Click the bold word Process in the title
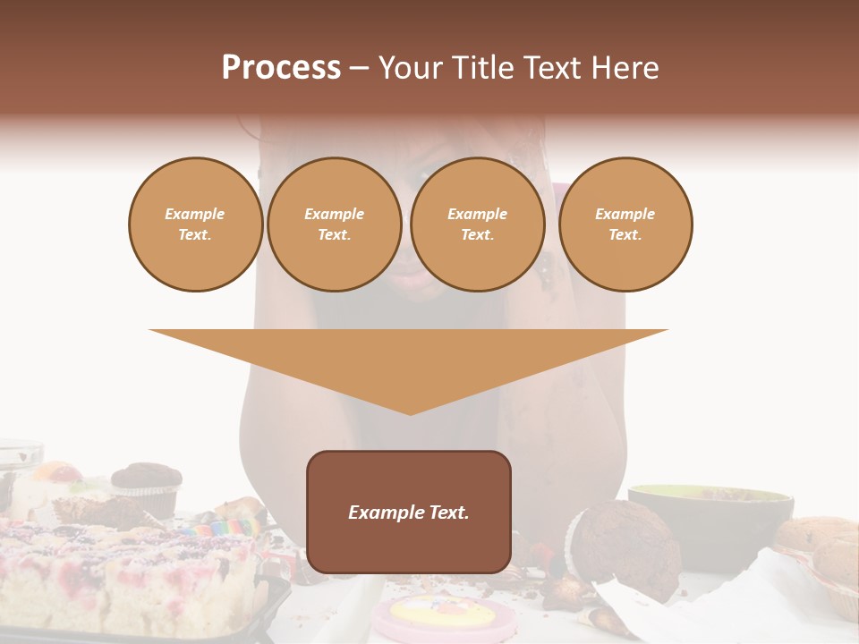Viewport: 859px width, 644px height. (281, 68)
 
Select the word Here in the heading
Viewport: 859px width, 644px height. (623, 68)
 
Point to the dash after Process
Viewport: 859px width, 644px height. (359, 69)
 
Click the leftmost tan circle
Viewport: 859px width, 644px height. (196, 225)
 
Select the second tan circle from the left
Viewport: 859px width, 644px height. (335, 225)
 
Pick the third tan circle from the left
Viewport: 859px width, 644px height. (478, 225)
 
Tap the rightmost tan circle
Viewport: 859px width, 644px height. (625, 225)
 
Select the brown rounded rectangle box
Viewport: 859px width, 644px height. (409, 512)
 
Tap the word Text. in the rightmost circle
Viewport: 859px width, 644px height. (625, 235)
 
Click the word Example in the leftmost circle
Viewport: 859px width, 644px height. (195, 215)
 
